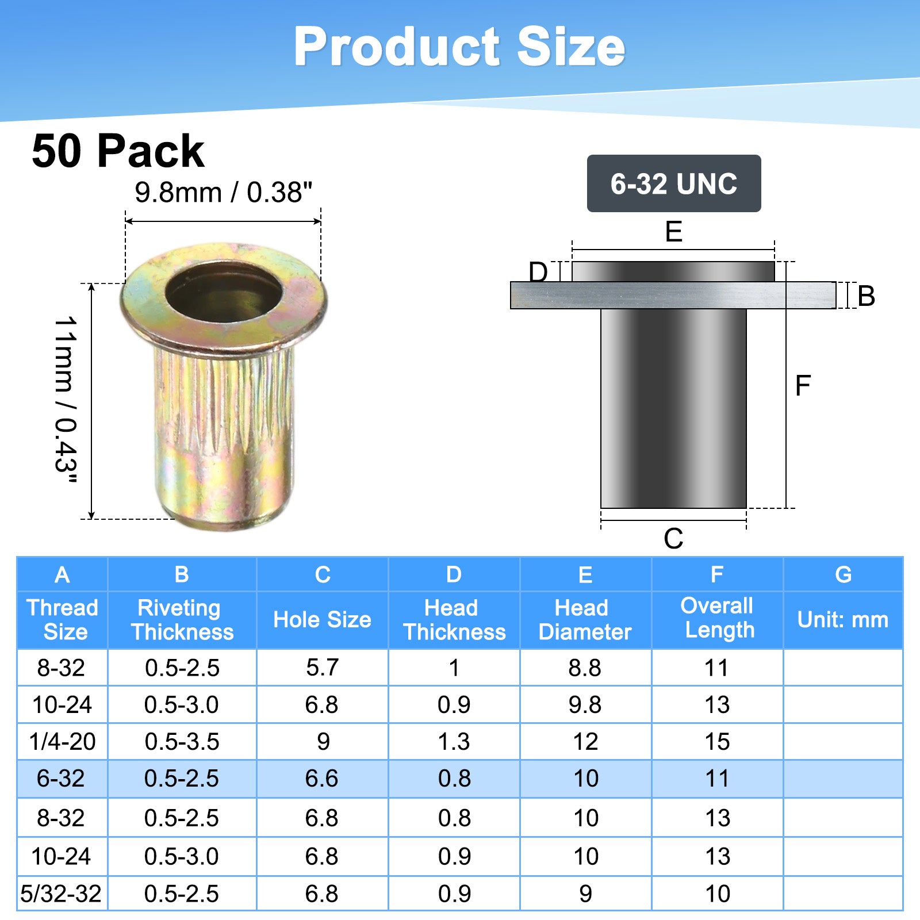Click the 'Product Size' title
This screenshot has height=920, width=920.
point(459,47)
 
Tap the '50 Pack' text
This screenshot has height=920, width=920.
point(118,151)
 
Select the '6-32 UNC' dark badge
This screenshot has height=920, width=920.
point(674,183)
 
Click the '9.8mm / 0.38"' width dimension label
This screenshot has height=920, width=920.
point(224,192)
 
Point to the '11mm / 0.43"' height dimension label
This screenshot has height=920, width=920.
point(66,400)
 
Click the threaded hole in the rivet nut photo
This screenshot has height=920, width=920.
point(223,296)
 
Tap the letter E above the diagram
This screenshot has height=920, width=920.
point(673,231)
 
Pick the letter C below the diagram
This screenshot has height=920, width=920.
point(673,539)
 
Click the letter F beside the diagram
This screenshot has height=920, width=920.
point(803,385)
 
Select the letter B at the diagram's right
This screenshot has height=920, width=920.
point(866,296)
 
